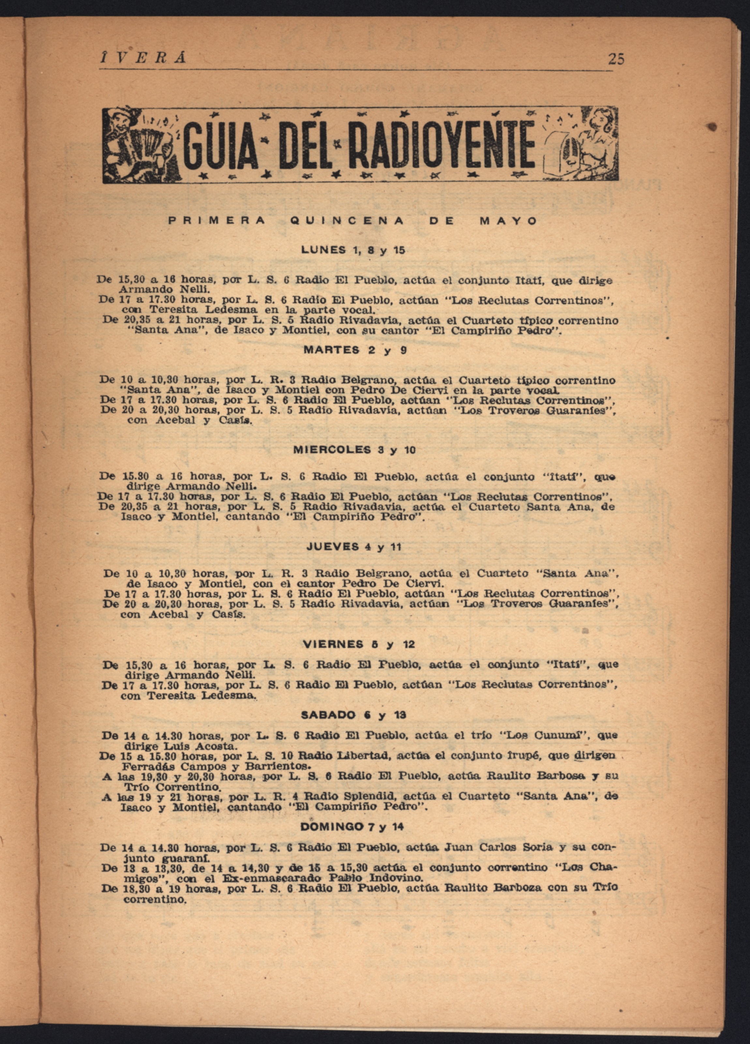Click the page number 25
616,59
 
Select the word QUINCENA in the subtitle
347,221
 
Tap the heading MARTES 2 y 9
355,350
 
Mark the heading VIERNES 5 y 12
359,644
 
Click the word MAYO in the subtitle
508,221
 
